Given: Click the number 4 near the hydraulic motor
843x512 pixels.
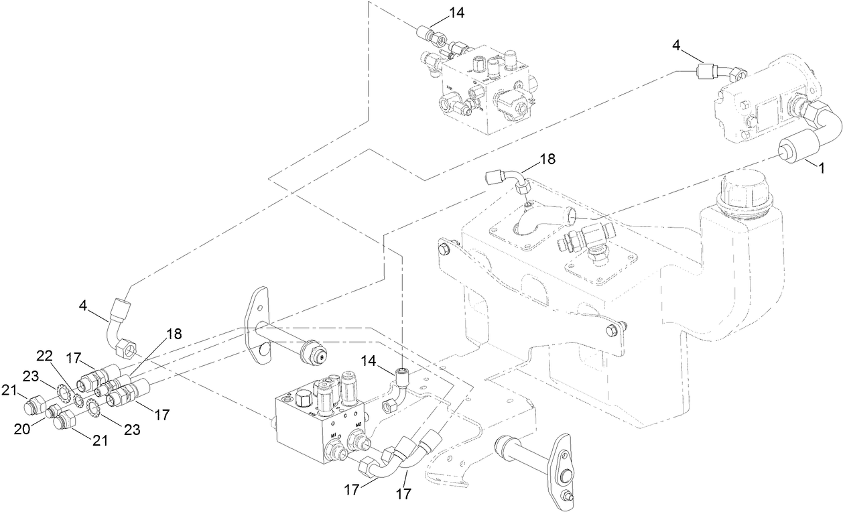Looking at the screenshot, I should [x=676, y=45].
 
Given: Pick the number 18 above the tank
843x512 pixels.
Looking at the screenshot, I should [x=548, y=159].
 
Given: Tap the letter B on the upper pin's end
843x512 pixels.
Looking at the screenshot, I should [x=320, y=358].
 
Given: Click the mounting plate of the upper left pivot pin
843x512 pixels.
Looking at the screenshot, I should [x=258, y=326].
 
